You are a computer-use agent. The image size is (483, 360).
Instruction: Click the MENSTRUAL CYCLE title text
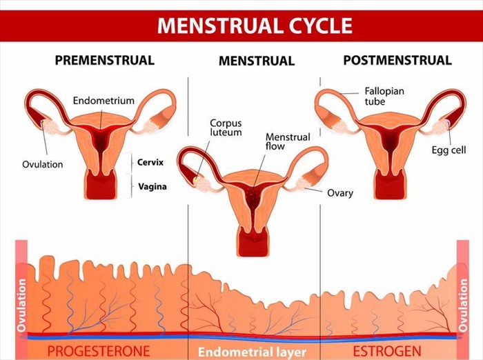255,26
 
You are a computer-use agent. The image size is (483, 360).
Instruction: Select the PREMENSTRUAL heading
105,60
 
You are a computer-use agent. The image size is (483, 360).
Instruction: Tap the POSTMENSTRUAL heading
397,60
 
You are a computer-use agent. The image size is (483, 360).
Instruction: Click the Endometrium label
103,101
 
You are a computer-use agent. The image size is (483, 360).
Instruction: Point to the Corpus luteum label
226,128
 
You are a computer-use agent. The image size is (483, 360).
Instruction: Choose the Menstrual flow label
288,141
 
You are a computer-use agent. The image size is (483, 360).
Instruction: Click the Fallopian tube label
384,96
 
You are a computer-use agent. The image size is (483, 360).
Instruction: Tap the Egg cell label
448,150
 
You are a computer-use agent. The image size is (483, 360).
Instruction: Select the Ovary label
340,193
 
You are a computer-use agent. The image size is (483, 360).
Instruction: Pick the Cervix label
150,162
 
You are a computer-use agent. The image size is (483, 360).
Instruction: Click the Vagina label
152,186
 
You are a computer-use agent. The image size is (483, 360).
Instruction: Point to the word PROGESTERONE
99,351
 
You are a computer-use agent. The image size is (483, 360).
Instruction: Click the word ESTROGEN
387,351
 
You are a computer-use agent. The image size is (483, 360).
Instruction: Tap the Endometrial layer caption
252,352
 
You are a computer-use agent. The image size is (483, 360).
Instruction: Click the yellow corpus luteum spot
195,179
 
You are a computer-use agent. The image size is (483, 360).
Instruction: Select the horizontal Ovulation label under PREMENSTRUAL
43,164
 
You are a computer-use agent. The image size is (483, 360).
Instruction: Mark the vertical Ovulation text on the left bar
21,306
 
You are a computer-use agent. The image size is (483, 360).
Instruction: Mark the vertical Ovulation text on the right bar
463,306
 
